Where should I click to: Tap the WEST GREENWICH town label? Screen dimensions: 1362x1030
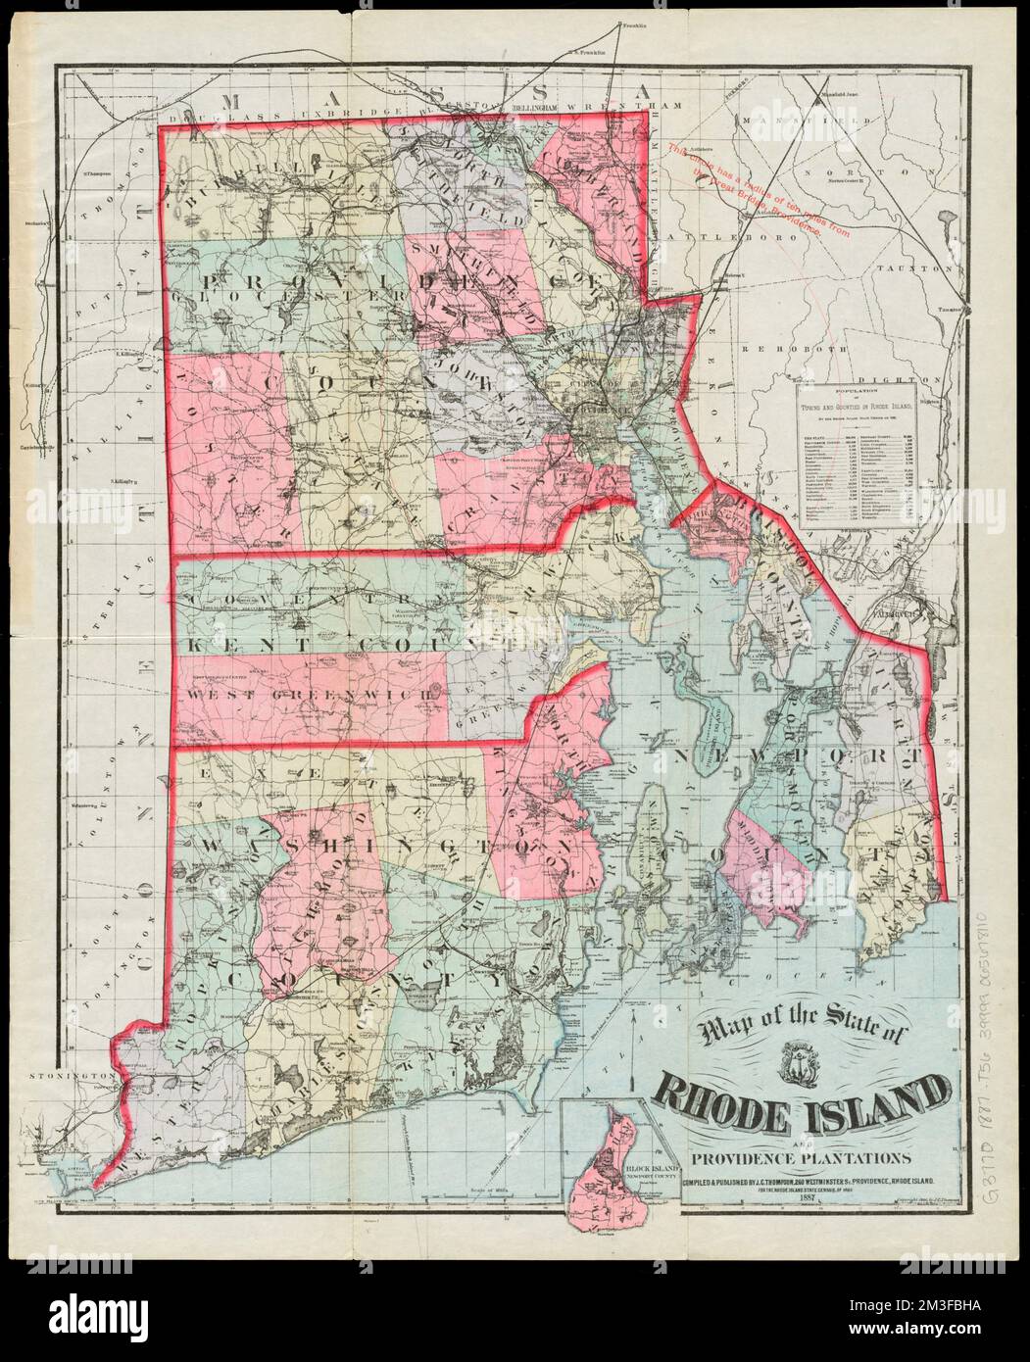(305, 694)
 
